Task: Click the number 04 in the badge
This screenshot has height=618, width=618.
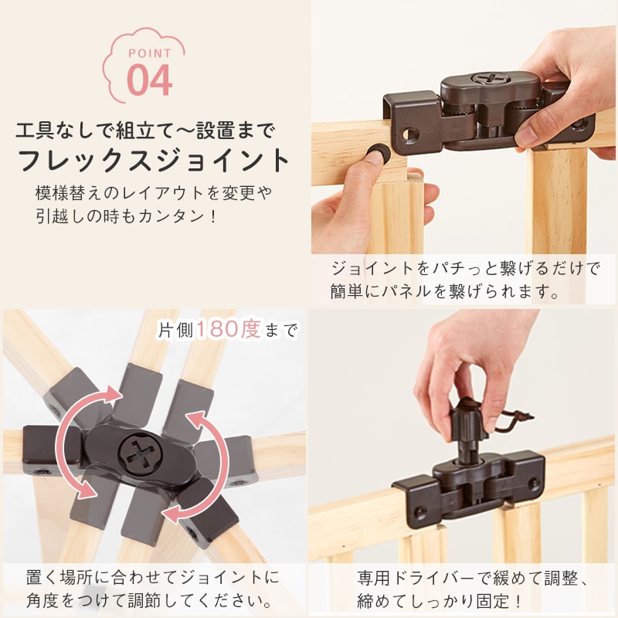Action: point(150,80)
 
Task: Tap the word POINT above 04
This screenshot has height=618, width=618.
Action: point(150,53)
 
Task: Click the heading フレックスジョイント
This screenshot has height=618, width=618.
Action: point(154,160)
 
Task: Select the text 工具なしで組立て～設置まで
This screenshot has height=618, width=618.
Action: point(144,131)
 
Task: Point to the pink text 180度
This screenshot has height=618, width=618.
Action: point(228,329)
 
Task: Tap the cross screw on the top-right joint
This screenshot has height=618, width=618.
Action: point(491,79)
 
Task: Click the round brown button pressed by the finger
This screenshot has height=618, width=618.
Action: point(376,151)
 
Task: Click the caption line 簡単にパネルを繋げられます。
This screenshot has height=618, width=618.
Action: point(445,291)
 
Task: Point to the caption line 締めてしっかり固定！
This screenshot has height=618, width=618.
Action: point(439,602)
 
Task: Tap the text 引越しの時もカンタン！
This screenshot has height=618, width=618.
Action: point(126,216)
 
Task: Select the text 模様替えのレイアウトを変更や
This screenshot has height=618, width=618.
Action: point(154,192)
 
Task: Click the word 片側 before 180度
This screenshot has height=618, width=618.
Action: point(175,331)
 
